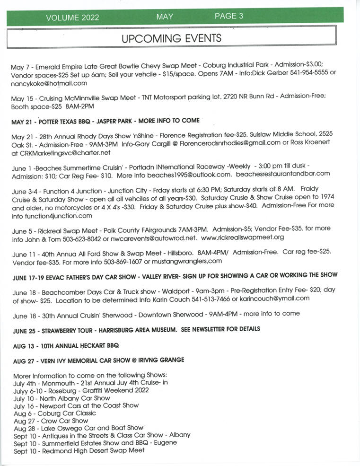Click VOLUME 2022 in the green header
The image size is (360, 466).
pos(72,18)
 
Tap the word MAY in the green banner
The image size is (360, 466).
pos(165,17)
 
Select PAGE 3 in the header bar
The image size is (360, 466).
pos(229,16)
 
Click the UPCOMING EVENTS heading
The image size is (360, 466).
pos(171,38)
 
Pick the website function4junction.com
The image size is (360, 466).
pos(52,216)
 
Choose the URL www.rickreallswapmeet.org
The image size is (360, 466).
pos(242,237)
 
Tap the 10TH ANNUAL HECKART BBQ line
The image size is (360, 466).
pos(66,346)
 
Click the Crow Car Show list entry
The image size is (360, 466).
pos(51,420)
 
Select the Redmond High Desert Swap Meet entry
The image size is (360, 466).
pos(79,450)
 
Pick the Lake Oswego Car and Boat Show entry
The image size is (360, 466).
pos(78,428)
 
